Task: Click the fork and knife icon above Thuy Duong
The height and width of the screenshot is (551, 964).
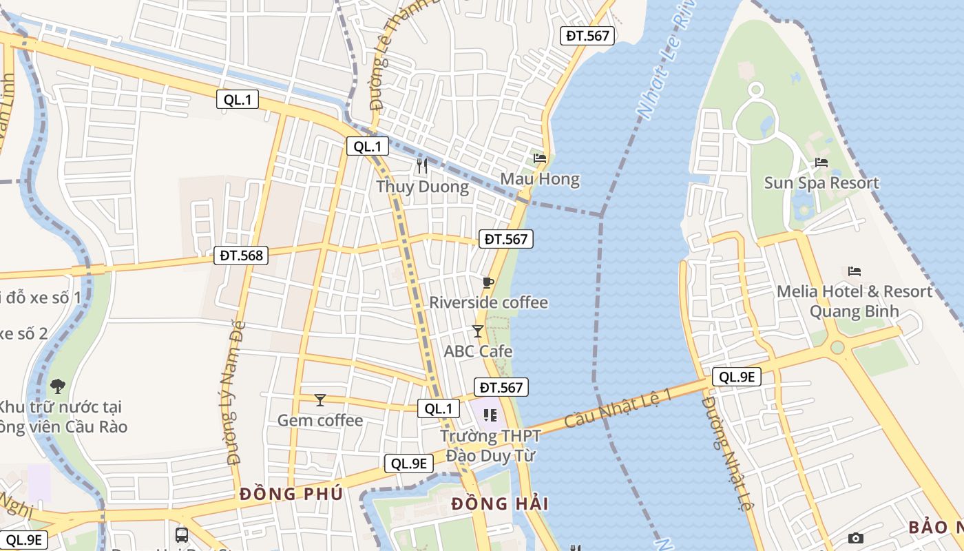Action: pos(422,166)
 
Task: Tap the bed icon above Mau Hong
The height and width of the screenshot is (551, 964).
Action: pos(540,158)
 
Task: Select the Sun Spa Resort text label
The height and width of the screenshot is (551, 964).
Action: pos(821,183)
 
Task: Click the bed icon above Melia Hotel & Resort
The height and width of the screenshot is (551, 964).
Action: pos(855,271)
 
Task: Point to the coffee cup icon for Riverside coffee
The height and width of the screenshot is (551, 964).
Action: pos(488,282)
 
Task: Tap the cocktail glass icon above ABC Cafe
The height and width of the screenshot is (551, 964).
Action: pos(478,331)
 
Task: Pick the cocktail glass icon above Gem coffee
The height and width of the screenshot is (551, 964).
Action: pos(319,400)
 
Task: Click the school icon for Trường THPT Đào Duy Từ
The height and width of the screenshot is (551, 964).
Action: pos(490,415)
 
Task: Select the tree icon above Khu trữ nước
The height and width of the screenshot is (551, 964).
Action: pos(58,386)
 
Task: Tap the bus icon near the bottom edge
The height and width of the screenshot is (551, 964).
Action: pos(182,534)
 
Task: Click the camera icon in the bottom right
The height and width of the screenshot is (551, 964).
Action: pos(855,538)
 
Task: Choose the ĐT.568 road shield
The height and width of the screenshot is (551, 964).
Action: pos(241,256)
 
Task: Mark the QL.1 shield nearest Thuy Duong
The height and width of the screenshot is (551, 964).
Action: pos(367,146)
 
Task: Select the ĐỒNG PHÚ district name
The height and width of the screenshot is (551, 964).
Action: pos(291,494)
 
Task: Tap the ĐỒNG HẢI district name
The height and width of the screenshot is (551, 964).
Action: pos(500,504)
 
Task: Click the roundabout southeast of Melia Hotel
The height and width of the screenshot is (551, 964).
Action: pos(837,347)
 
